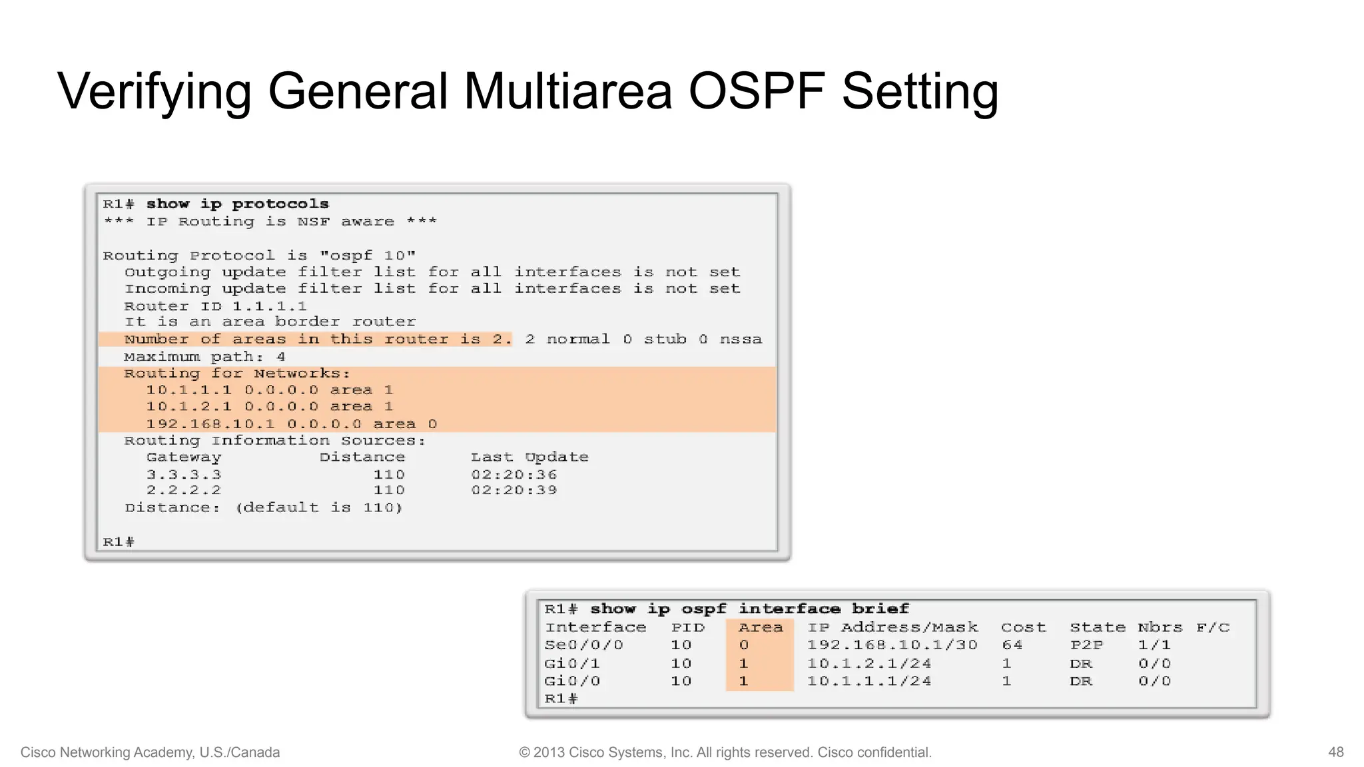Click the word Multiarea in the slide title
[567, 91]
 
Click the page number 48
[1335, 752]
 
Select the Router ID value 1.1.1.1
[269, 306]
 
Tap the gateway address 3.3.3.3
[184, 475]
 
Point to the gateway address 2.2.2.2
[184, 491]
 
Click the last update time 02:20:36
[513, 475]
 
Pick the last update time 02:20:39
[513, 491]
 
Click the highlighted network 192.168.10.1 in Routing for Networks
[210, 424]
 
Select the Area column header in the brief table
[761, 628]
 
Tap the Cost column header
[1023, 628]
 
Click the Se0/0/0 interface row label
[584, 645]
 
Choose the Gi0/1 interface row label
[572, 664]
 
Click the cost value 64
[1012, 645]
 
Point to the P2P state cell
[1086, 645]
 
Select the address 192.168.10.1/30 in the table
[892, 645]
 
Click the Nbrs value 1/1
[1154, 645]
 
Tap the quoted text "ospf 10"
[368, 256]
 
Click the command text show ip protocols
[237, 204]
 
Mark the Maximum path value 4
[281, 357]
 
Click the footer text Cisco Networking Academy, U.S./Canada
[150, 752]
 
